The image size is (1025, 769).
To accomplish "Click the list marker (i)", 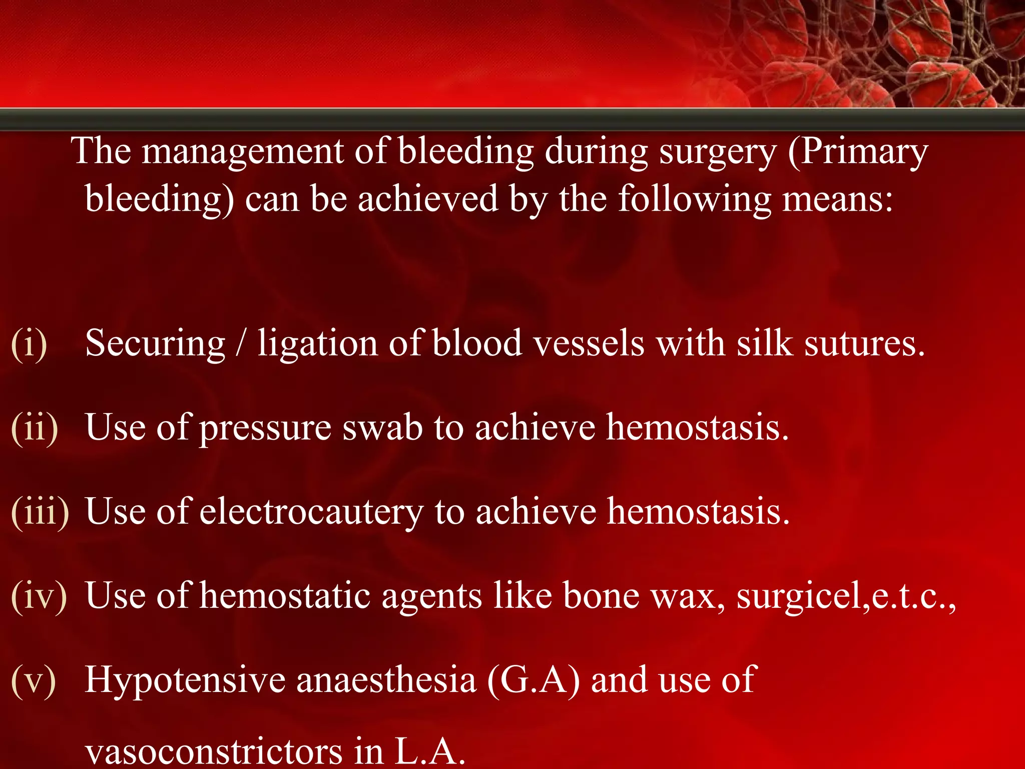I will tap(29, 344).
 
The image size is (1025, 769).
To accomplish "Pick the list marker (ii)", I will tap(35, 429).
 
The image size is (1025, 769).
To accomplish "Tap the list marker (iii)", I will tap(40, 513).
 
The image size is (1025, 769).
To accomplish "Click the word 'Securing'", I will tap(155, 344).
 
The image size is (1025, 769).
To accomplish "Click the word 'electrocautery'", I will tap(311, 513).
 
